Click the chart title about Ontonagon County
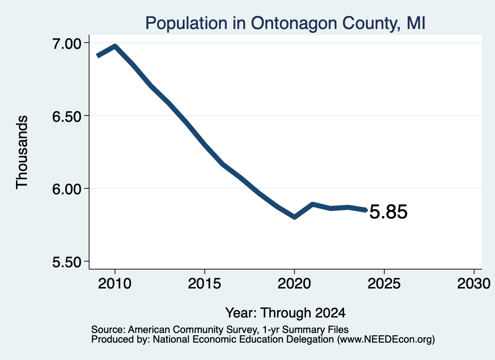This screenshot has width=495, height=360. coord(285,23)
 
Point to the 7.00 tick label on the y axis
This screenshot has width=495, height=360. coord(67,43)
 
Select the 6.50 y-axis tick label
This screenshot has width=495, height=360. coord(67,116)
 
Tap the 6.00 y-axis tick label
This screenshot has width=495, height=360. coord(67,189)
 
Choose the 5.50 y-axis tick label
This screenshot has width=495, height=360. coord(67,262)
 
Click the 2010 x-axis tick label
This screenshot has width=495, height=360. coord(115,284)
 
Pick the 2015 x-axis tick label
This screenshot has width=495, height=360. coord(204,284)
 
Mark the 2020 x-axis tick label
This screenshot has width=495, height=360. coord(294,284)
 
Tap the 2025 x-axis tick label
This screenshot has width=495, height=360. coord(384,284)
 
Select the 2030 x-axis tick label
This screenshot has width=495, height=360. coord(474,284)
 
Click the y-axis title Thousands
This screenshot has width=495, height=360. coord(22,152)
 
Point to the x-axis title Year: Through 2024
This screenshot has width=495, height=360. coord(285,313)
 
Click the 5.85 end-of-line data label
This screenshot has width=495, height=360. coord(388,212)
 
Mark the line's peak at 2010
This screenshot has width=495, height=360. coord(115,46)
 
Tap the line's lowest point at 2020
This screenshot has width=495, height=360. coord(294,217)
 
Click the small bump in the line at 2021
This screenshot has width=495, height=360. coord(312,204)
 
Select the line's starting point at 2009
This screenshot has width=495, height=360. coord(98,56)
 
